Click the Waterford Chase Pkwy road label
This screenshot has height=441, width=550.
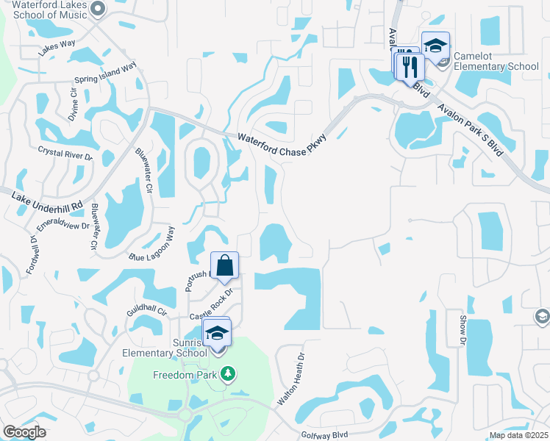coord(282,144)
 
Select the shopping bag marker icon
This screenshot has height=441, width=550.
coord(224,265)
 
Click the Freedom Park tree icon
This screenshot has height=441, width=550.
coord(228,374)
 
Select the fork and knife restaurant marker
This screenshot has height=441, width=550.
coord(410,67)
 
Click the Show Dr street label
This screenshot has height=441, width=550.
coord(463,330)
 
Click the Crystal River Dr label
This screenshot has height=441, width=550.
coord(66,152)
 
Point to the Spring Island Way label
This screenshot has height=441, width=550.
coord(106,73)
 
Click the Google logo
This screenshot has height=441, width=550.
coord(24,432)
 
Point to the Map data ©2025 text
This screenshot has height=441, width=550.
coord(518,436)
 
